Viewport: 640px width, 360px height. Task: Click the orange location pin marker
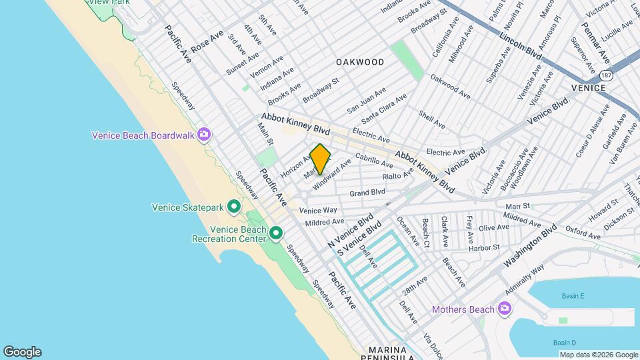(320, 159)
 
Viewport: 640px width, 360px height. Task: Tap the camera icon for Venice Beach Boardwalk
(203, 135)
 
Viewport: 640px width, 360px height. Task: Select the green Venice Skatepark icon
(233, 207)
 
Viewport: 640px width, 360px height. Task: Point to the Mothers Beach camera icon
(505, 309)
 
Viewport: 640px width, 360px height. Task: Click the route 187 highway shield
(605, 76)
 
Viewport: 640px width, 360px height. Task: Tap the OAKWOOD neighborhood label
(360, 62)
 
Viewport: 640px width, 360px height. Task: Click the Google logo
(22, 352)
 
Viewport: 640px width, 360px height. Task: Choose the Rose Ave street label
(207, 41)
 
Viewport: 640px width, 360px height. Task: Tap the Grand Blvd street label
(367, 193)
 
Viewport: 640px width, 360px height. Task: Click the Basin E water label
(572, 296)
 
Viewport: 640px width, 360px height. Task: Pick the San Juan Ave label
(366, 101)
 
